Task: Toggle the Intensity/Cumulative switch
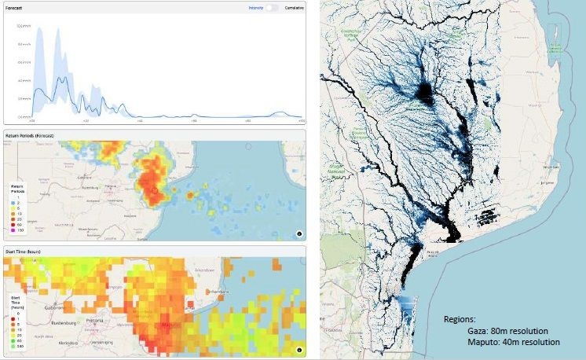271,7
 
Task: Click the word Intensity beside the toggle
255,7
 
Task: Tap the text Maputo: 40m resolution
513,342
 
